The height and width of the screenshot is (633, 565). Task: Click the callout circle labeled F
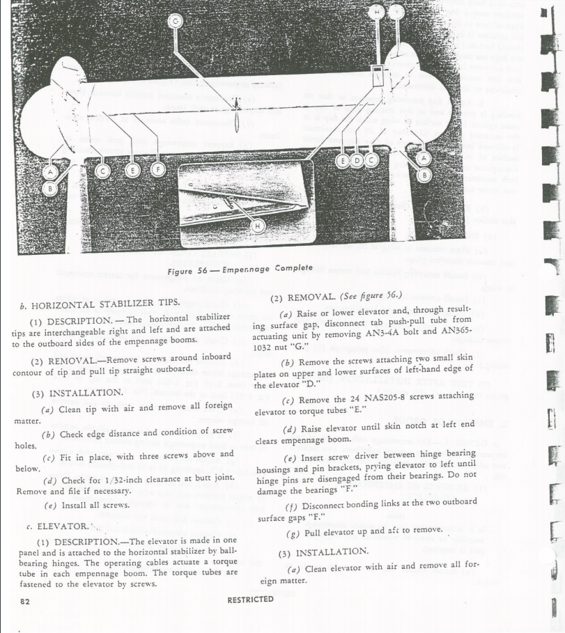[158, 170]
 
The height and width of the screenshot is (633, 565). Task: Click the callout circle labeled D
[357, 161]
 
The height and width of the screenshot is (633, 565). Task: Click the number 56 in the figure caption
[202, 269]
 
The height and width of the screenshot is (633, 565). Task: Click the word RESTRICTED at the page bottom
[251, 600]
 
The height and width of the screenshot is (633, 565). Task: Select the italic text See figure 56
[371, 297]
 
